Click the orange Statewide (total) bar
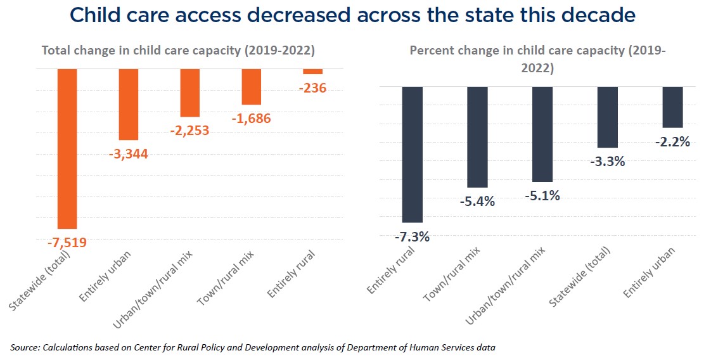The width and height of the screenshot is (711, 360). pyautogui.click(x=67, y=148)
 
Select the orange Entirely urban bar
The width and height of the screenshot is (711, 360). pyautogui.click(x=129, y=104)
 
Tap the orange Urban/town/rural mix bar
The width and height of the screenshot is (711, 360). pyautogui.click(x=190, y=93)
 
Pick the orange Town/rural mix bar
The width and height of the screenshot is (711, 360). pyautogui.click(x=252, y=86)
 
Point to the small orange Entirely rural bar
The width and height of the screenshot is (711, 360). pyautogui.click(x=313, y=72)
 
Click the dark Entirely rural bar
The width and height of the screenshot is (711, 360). pyautogui.click(x=413, y=154)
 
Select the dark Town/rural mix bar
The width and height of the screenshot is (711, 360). pyautogui.click(x=477, y=137)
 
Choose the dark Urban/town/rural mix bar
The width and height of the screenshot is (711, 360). pyautogui.click(x=542, y=134)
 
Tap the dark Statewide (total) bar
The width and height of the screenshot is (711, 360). pyautogui.click(x=607, y=117)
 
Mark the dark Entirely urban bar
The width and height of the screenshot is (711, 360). pyautogui.click(x=672, y=107)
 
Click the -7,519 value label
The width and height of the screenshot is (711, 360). pyautogui.click(x=67, y=242)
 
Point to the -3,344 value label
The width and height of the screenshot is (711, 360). pyautogui.click(x=129, y=153)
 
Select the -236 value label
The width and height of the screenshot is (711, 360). pyautogui.click(x=312, y=88)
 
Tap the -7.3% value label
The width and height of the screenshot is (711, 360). pyautogui.click(x=413, y=237)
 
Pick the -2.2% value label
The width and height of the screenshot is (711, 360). pyautogui.click(x=672, y=142)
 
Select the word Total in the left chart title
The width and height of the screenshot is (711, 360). pyautogui.click(x=56, y=51)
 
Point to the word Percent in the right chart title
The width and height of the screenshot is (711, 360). pyautogui.click(x=432, y=51)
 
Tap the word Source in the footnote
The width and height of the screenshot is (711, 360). pyautogui.click(x=25, y=347)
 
